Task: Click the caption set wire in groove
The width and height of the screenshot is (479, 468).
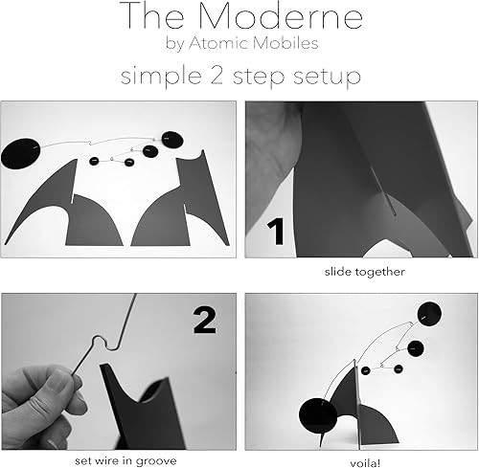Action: point(119,434)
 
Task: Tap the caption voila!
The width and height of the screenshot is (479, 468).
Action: point(359,434)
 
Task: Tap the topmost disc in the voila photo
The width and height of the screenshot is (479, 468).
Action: point(429,313)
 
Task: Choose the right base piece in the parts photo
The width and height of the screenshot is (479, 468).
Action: point(187,206)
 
